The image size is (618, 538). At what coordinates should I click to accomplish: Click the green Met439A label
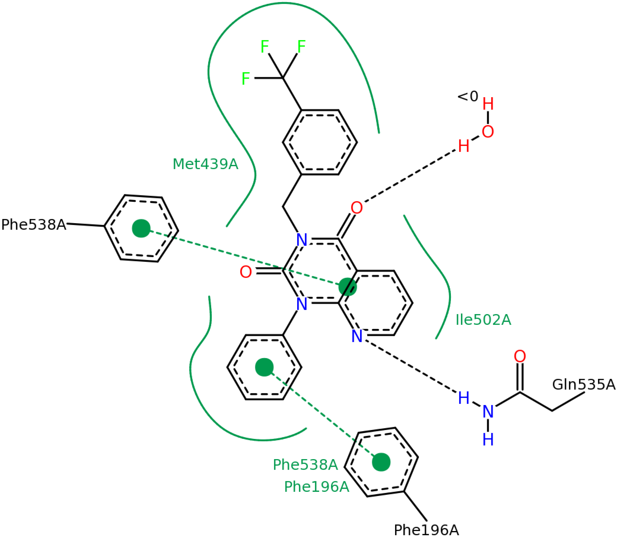(x=205, y=164)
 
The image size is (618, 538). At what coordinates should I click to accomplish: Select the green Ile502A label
(x=483, y=320)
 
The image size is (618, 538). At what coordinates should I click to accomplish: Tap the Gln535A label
(x=583, y=385)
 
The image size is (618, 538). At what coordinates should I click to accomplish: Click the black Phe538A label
(x=34, y=225)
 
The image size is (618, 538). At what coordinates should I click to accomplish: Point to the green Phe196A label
(x=317, y=487)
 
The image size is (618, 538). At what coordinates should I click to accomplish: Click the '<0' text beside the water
(x=468, y=96)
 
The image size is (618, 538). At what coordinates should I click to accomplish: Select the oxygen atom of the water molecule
(x=488, y=132)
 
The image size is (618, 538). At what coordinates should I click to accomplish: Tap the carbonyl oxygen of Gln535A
(x=520, y=356)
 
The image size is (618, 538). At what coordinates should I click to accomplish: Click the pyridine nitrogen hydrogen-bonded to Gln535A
(x=357, y=336)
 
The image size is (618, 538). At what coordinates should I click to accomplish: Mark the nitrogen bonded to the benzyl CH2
(x=302, y=240)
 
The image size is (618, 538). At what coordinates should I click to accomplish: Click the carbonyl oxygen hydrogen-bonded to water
(x=357, y=208)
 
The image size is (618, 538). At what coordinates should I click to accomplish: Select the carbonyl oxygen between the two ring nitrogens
(x=246, y=272)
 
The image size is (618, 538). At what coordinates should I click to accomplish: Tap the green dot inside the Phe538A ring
(x=141, y=228)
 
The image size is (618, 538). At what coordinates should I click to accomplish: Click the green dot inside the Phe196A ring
(x=381, y=462)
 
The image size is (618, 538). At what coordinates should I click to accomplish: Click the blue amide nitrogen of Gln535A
(x=488, y=411)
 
